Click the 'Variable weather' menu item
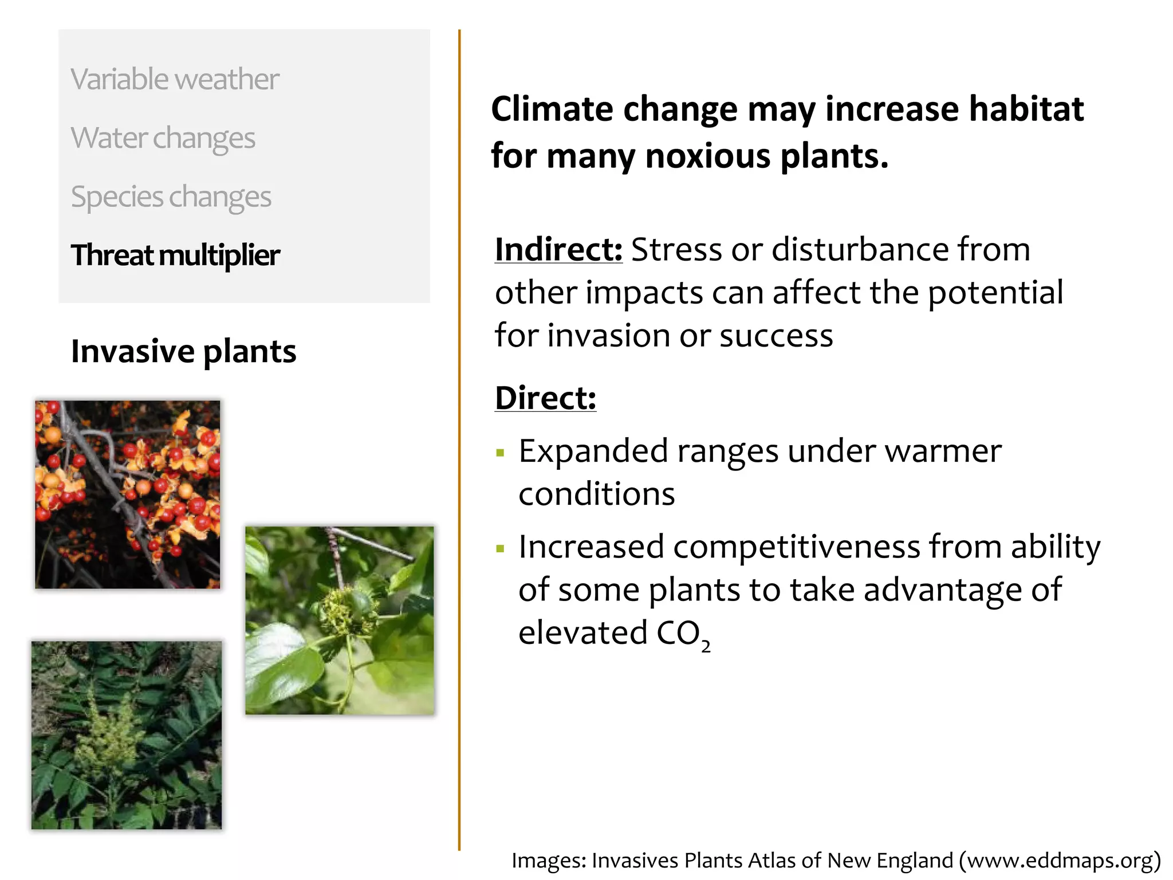tap(175, 79)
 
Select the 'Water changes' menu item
tap(163, 138)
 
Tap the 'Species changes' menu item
tap(171, 197)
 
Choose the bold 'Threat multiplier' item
tap(175, 256)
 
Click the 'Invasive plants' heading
tap(183, 351)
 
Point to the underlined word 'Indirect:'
tap(558, 250)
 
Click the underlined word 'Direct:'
tap(545, 398)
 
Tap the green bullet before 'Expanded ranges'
tap(501, 453)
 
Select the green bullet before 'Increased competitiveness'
tap(501, 549)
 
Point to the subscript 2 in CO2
tap(706, 646)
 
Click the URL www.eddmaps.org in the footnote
tap(1060, 861)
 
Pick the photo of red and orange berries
tap(127, 494)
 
